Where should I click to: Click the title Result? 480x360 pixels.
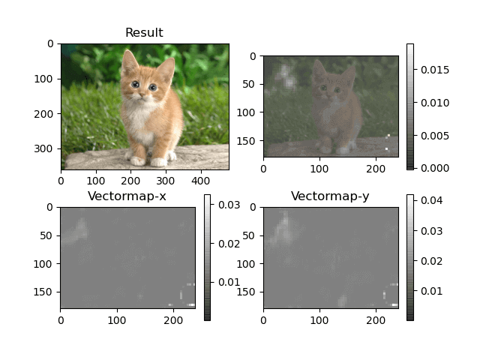(144, 32)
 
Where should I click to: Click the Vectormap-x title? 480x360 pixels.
(127, 196)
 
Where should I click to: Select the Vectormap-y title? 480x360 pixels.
(330, 196)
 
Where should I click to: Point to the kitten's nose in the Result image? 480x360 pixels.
(142, 94)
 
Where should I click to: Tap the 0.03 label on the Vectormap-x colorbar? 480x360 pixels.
(228, 205)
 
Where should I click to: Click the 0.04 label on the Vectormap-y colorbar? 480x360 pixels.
(430, 201)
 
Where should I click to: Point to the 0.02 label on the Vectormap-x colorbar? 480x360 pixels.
(228, 244)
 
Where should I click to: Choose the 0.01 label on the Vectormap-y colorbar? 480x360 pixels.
(430, 290)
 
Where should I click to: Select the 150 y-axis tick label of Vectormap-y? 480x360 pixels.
(248, 291)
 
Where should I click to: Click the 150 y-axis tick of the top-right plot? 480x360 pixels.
(248, 139)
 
